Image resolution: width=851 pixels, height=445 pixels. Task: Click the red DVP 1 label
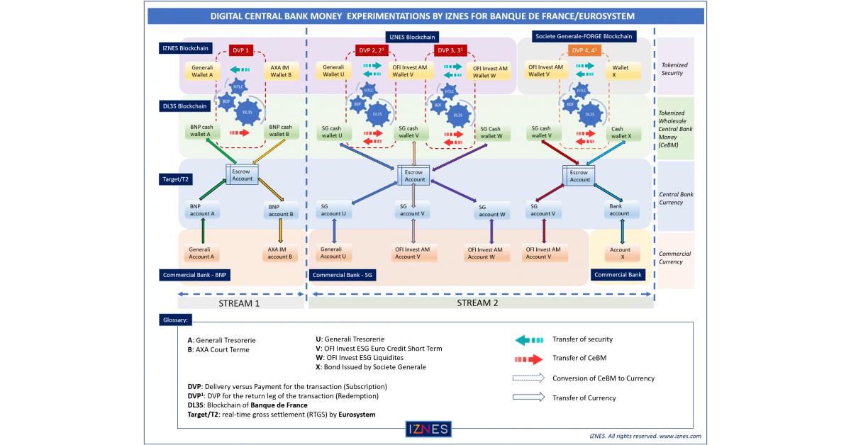click(240, 50)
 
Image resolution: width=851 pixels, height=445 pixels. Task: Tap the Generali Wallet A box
click(201, 72)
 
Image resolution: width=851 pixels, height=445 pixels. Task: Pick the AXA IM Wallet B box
click(280, 72)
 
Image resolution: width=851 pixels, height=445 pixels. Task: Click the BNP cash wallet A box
click(201, 131)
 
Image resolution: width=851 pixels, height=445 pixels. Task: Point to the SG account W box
click(492, 210)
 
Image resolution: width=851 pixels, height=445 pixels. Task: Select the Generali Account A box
click(201, 253)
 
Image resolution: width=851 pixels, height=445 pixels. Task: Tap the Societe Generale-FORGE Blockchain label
click(584, 36)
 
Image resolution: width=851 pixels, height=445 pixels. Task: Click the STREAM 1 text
click(238, 303)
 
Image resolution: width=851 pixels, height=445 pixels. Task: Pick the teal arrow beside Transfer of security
click(528, 339)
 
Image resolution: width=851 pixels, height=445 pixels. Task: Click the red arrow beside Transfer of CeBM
click(528, 359)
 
